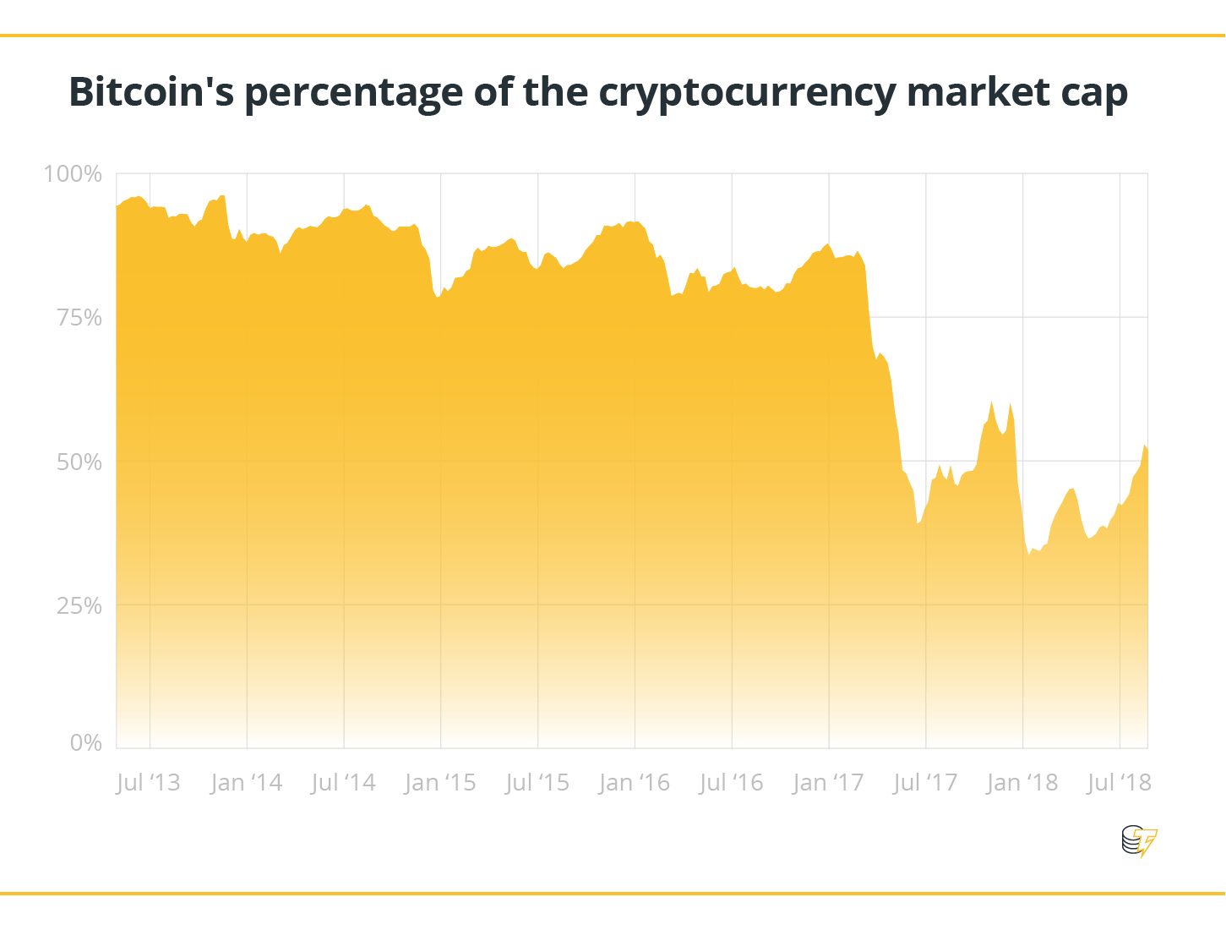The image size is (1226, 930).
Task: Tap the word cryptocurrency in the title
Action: coord(747,93)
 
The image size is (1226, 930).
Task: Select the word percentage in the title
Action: coord(353,93)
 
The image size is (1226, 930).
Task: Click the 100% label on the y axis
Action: coord(73,174)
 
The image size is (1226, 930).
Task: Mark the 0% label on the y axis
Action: coord(85,743)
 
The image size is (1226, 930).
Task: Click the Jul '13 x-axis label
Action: coord(149,783)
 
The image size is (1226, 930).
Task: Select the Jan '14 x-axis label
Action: coord(246,783)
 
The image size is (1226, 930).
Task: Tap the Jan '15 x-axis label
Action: coord(440,783)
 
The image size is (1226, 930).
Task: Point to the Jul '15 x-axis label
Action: coord(537,783)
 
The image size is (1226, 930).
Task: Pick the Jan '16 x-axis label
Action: coord(635,783)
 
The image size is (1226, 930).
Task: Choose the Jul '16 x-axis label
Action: coord(731,783)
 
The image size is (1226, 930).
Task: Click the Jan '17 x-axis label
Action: coord(828,783)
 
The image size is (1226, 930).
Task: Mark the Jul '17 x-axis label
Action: coord(925,783)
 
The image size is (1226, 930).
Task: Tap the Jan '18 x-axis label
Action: coord(1022,783)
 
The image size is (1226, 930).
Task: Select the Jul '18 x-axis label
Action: coord(1119,783)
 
